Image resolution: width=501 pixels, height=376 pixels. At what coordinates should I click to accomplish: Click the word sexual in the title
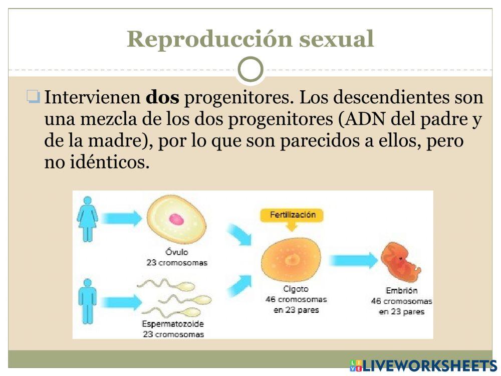tap(336, 40)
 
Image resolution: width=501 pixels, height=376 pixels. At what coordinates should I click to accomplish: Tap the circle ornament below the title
tap(250, 70)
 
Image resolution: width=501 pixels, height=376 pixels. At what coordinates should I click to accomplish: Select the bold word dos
tap(162, 97)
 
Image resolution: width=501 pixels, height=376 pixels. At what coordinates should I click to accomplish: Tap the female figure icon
tap(87, 219)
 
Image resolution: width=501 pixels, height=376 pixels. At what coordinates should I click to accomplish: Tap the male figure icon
tap(87, 301)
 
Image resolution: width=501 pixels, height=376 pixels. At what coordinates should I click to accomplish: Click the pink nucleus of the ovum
tap(176, 219)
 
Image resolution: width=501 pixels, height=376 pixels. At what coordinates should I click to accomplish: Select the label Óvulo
tap(177, 252)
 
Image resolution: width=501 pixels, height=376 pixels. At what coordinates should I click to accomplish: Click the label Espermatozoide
tap(173, 324)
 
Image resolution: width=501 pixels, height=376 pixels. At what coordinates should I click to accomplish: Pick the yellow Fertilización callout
tap(293, 215)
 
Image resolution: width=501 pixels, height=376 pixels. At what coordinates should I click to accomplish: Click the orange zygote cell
tap(291, 259)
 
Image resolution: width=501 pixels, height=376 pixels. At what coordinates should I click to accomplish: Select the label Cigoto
tap(296, 289)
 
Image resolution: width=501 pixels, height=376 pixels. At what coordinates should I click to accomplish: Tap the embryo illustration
tap(400, 262)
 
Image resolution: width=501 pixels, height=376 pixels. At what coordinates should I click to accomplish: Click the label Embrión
tap(401, 291)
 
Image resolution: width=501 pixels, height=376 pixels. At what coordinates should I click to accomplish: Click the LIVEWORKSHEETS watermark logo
tap(423, 365)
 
